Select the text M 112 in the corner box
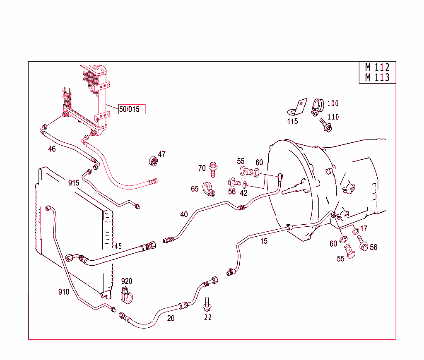(377, 67)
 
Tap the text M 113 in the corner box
(377, 77)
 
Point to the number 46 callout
(52, 149)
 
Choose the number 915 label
(74, 183)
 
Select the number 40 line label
(184, 214)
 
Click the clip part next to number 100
(318, 107)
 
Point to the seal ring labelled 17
(356, 231)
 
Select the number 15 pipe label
(264, 241)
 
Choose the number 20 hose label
(171, 318)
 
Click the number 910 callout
(63, 292)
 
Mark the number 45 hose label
(118, 246)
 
